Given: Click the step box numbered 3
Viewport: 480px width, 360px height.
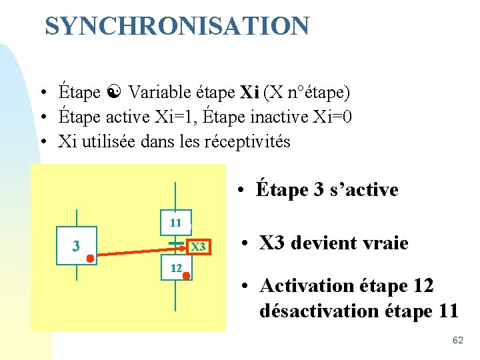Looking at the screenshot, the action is point(77,245).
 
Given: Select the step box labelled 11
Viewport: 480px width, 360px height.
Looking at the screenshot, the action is point(175,223).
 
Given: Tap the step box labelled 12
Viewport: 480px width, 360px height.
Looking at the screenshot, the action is point(175,267).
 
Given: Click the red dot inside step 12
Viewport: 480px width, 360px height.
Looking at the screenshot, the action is point(187,274).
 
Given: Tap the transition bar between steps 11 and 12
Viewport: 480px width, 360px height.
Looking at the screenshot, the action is point(175,245).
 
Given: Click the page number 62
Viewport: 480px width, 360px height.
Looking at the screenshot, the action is point(457,341).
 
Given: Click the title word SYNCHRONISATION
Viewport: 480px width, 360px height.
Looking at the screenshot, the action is point(177,27).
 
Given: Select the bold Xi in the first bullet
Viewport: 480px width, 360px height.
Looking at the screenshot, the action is point(249,92).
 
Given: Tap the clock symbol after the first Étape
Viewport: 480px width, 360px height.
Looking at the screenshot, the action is point(114,92).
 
